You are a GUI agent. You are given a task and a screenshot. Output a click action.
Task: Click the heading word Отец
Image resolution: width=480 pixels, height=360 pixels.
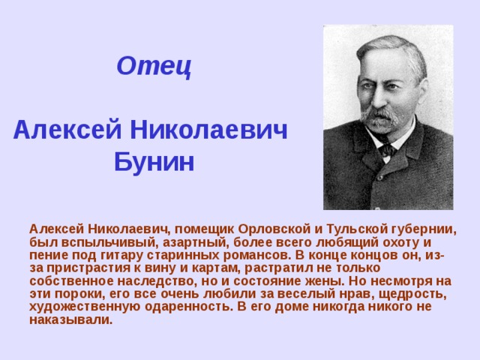154,67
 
